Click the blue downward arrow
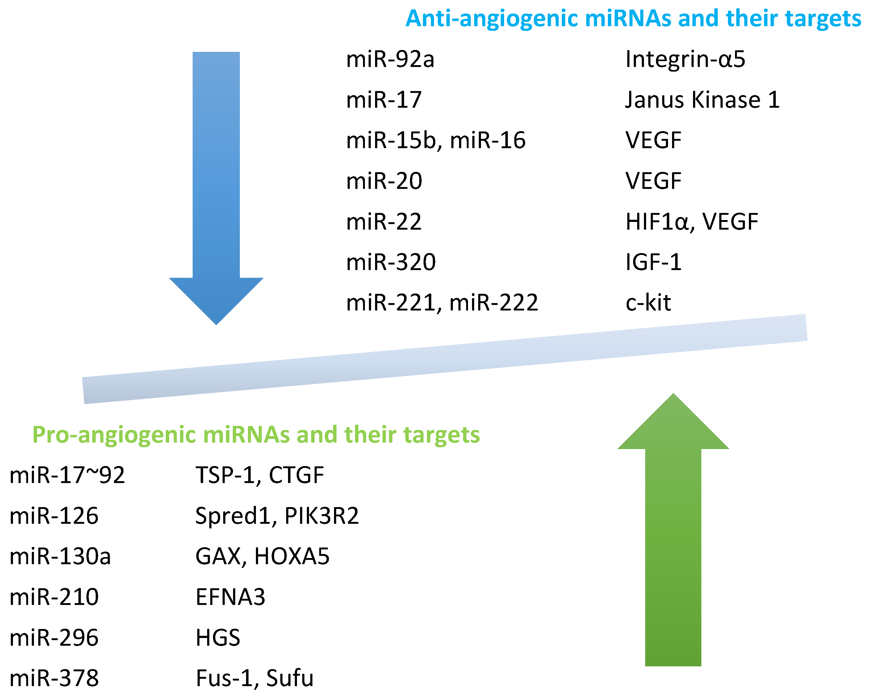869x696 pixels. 216,181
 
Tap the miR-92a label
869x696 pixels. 390,60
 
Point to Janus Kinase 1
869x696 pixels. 702,100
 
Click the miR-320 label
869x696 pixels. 391,262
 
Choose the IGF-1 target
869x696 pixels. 653,262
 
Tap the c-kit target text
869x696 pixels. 648,303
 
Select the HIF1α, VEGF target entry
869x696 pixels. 692,222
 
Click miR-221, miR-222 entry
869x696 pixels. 442,303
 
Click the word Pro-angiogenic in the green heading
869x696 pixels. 114,435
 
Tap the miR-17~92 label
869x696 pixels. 67,475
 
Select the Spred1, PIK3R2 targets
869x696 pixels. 277,516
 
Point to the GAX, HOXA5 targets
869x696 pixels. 262,556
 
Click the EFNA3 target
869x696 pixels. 230,597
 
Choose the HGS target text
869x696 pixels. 218,638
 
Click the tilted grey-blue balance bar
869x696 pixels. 445,359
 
